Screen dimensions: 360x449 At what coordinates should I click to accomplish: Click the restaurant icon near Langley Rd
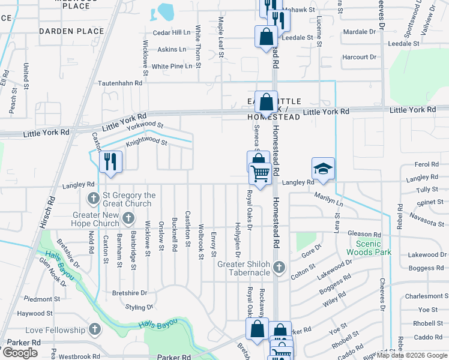click(110, 161)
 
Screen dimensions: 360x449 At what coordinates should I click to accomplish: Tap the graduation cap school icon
click(322, 169)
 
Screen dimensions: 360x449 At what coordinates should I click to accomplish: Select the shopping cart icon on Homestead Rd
click(260, 173)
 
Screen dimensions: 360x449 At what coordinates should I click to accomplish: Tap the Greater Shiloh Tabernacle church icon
click(279, 267)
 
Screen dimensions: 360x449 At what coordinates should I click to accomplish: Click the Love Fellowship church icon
click(94, 329)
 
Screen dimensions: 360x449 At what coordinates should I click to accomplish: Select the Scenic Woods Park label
click(373, 248)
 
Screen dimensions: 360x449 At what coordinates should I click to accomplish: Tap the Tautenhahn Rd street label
click(121, 84)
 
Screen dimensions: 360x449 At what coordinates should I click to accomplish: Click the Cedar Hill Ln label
click(172, 32)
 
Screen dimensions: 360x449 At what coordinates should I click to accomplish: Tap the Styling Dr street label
click(140, 307)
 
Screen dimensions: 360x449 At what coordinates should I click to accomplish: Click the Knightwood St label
click(146, 143)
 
